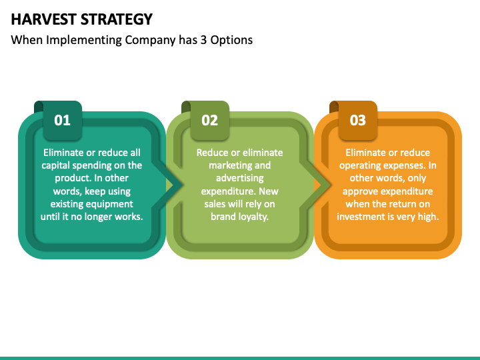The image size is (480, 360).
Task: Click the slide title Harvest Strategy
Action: [x=81, y=19]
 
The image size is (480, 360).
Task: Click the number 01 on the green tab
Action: [x=62, y=120]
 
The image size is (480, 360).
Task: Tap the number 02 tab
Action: [x=209, y=120]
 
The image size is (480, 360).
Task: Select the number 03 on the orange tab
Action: [x=358, y=120]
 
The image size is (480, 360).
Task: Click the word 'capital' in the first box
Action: [x=57, y=165]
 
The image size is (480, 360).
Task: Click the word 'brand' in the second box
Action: [x=223, y=217]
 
